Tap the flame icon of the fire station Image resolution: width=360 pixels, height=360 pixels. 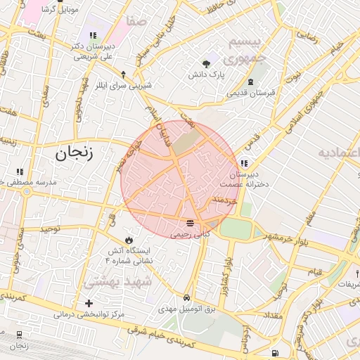click(x=128, y=240)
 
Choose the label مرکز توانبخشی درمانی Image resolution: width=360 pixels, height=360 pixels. click(x=89, y=314)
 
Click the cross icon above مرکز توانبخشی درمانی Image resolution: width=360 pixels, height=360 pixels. click(x=89, y=304)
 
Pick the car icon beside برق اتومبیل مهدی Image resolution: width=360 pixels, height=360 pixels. click(x=186, y=298)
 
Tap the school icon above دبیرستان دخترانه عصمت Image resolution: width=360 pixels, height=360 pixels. click(x=244, y=163)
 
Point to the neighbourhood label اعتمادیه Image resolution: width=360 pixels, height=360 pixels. click(x=338, y=153)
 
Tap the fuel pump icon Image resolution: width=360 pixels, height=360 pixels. click(x=274, y=352)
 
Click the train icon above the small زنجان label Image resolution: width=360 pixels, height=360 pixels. click(x=19, y=335)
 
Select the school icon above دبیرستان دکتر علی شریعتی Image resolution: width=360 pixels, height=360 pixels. click(x=93, y=35)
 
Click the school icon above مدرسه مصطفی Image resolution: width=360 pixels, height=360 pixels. click(x=20, y=171)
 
